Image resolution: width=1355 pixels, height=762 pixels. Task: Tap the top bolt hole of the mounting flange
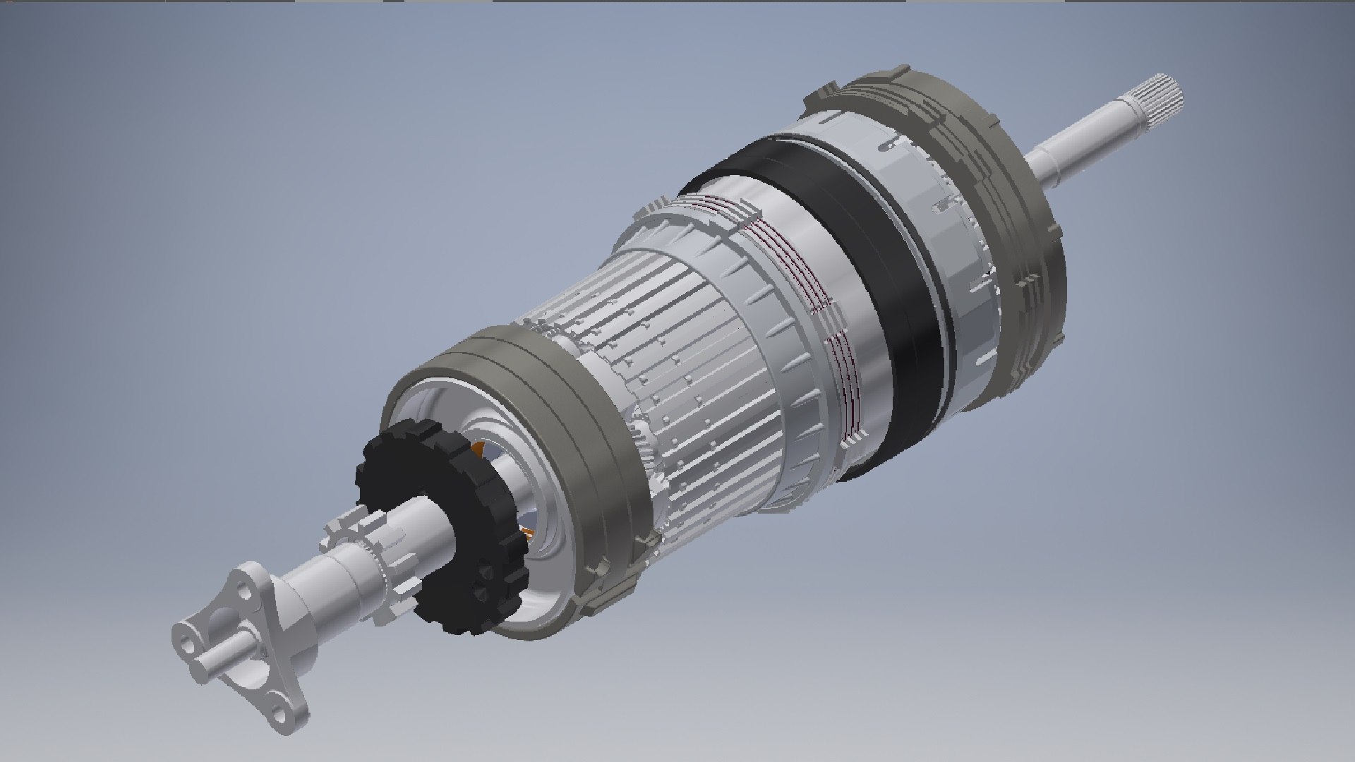[243, 587]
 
